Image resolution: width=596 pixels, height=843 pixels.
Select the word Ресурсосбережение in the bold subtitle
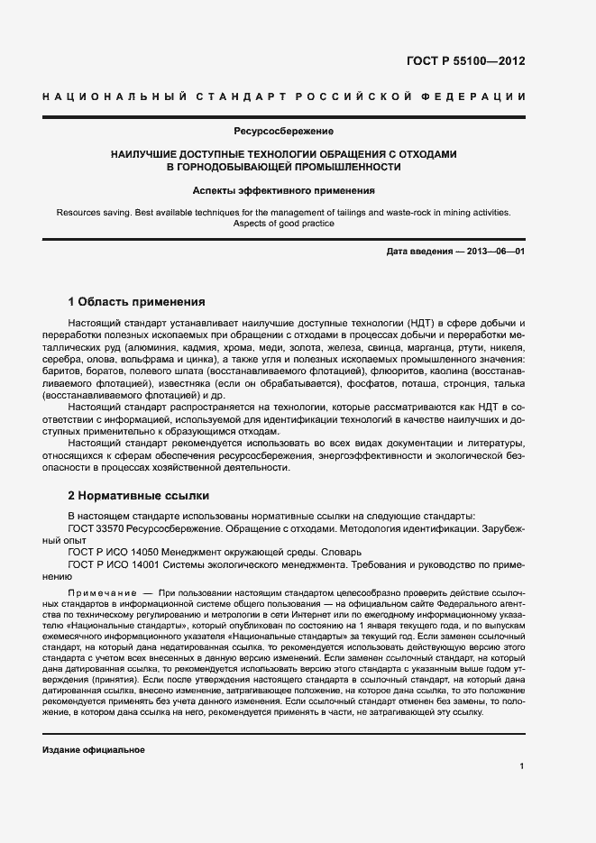(x=284, y=132)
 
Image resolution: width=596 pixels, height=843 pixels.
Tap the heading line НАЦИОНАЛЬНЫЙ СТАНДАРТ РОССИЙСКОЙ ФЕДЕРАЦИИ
(x=284, y=96)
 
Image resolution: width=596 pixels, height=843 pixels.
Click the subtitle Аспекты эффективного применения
(x=284, y=191)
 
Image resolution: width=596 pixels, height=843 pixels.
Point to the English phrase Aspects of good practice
(x=283, y=224)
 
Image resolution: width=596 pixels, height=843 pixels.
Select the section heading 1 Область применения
(x=136, y=301)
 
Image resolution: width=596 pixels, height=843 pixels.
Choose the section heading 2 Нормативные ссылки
(x=139, y=495)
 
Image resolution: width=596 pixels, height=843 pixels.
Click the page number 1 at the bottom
(x=522, y=766)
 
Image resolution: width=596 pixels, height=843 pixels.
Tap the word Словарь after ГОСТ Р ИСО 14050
(x=340, y=551)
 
